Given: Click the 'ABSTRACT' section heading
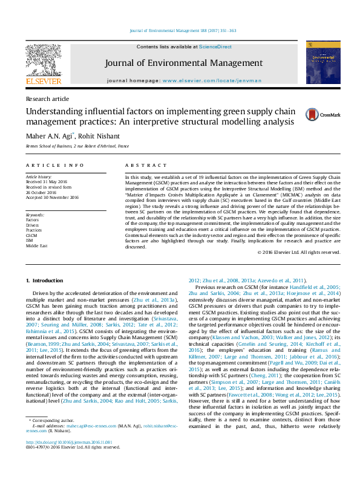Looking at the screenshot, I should tap(142, 164).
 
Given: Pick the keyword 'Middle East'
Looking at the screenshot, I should tap(36, 246).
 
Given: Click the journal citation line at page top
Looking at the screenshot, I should tap(183, 30).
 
